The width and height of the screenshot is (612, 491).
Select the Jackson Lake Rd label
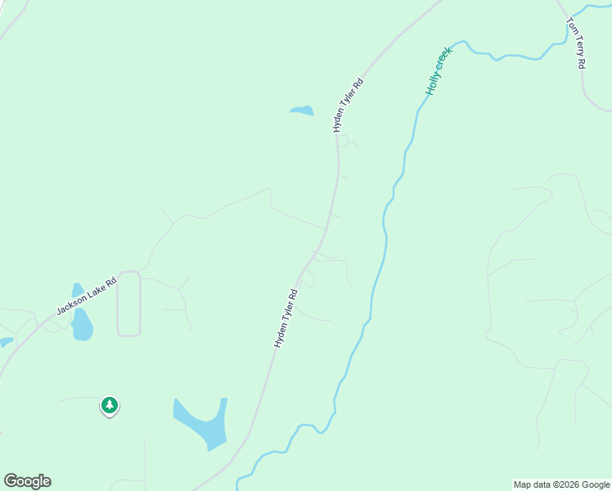[87, 297]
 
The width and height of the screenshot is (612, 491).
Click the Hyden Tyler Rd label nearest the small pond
[347, 106]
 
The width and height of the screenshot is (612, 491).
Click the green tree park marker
[110, 405]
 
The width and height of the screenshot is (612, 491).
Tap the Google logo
[27, 481]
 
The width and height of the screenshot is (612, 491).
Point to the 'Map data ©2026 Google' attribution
[562, 484]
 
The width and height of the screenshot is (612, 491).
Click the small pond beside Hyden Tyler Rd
[302, 110]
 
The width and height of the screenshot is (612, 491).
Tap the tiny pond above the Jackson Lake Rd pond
[78, 291]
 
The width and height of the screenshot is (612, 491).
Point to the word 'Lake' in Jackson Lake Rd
[91, 295]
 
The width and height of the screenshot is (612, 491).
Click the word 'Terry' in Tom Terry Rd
[576, 48]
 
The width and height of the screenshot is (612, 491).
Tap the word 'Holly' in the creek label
[433, 82]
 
